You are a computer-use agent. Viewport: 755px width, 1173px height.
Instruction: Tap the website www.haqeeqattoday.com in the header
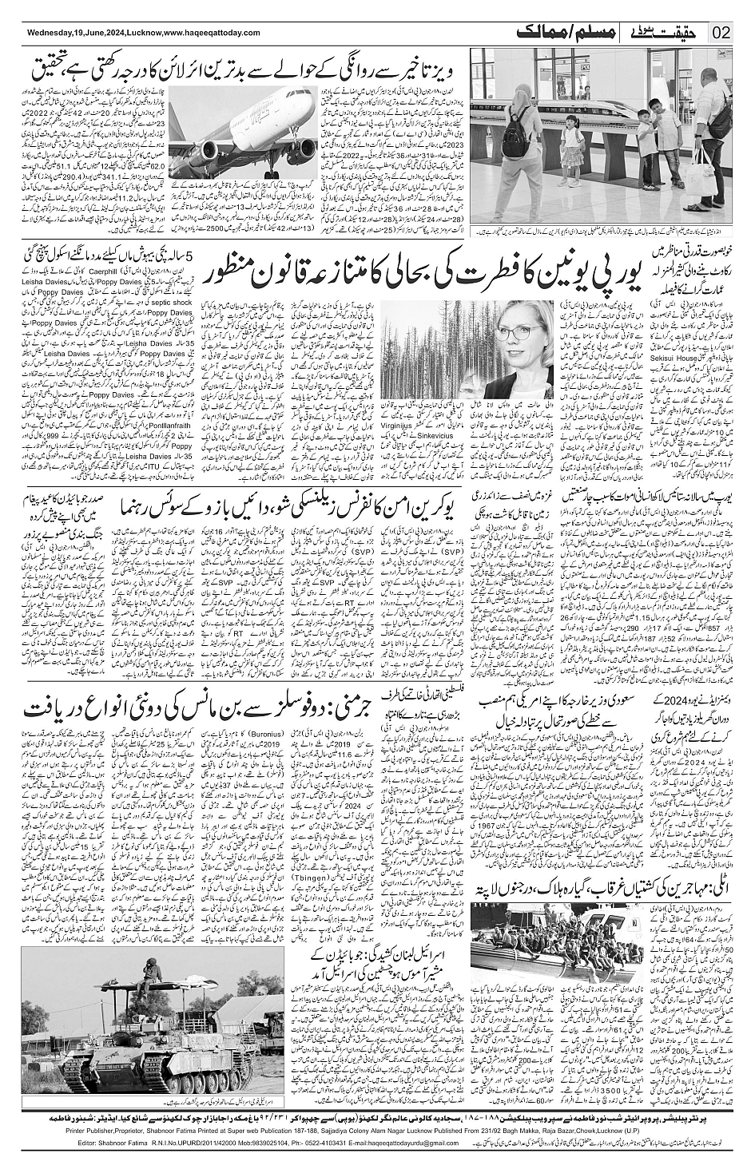[212, 33]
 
